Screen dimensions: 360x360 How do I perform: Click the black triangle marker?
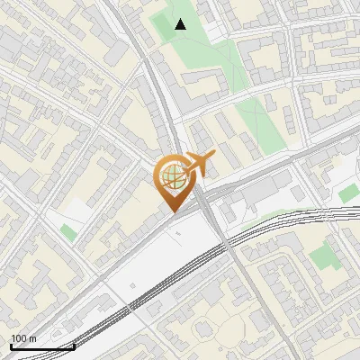click(180, 24)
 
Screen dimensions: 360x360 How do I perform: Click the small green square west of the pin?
click(68, 232)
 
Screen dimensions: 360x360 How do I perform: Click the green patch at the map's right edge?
click(348, 193)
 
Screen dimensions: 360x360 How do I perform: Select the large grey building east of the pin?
click(261, 192)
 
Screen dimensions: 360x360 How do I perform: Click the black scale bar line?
click(40, 346)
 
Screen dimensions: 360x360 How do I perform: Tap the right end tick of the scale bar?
click(73, 344)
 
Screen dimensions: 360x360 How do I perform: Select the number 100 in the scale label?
click(18, 338)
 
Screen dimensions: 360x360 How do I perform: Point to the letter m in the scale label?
click(32, 339)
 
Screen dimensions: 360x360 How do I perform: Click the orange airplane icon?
click(198, 165)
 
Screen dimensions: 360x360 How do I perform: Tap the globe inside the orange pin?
click(172, 175)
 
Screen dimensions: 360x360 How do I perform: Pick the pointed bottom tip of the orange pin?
click(172, 211)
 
